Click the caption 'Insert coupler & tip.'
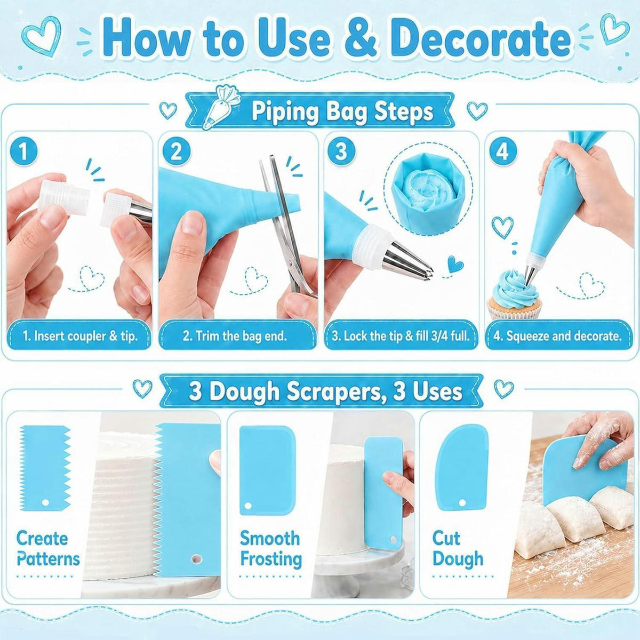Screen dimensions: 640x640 85,336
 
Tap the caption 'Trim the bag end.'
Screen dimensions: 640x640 235,336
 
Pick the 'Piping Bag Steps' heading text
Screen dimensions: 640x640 342,111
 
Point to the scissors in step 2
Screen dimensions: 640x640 286,226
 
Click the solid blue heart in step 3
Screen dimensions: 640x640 455,264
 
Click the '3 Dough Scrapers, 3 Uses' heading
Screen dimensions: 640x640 325,391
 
